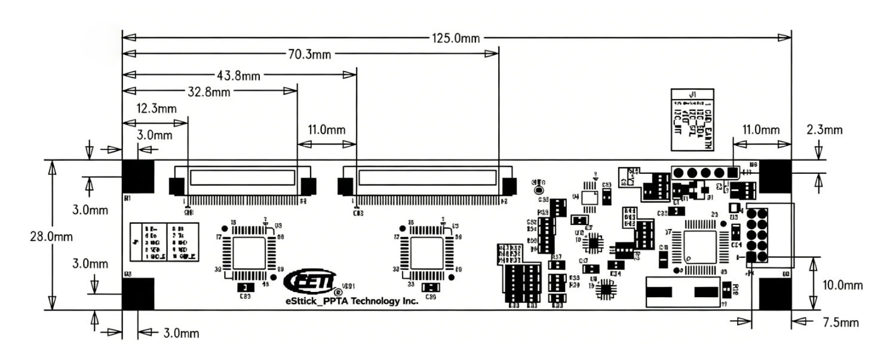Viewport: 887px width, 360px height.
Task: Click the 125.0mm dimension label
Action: coord(456,38)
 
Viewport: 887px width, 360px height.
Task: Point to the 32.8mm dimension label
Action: coord(208,92)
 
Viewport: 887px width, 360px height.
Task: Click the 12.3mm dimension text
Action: coord(156,109)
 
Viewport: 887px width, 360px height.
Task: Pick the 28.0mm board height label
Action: coord(51,236)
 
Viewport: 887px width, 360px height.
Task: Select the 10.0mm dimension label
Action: coord(842,285)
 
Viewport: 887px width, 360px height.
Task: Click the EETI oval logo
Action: coord(309,280)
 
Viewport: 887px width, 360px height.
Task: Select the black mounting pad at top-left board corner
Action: coord(137,177)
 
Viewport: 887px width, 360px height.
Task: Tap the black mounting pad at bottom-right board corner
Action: coord(775,294)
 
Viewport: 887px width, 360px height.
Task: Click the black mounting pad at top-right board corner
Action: coord(775,177)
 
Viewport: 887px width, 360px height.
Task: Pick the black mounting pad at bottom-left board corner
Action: coord(137,294)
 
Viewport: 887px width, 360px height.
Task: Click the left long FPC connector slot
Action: coord(242,177)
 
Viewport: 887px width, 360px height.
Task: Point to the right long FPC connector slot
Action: coord(427,177)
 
